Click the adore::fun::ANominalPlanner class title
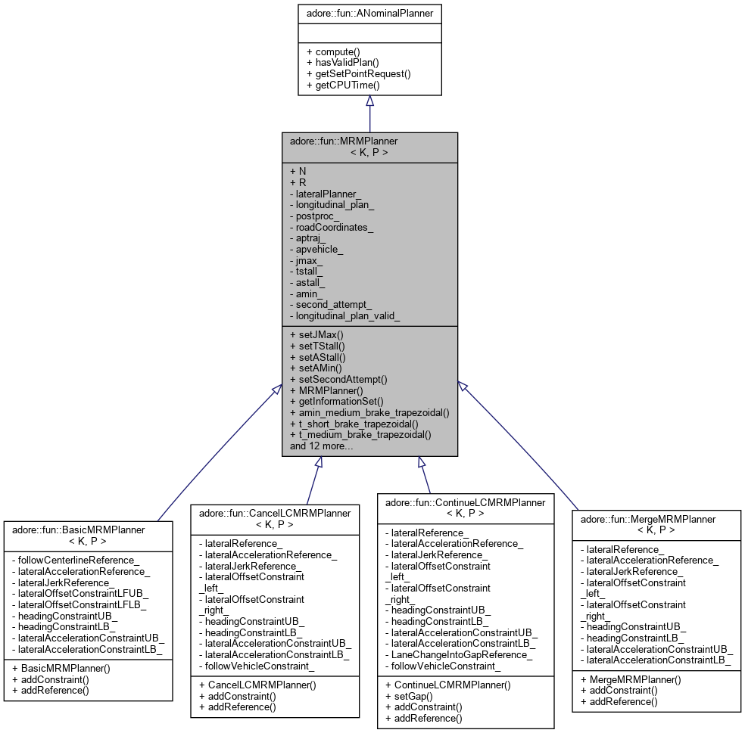pyautogui.click(x=369, y=13)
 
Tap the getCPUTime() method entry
pyautogui.click(x=342, y=85)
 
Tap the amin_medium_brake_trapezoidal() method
pyautogui.click(x=369, y=413)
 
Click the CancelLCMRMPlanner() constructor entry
pyautogui.click(x=257, y=685)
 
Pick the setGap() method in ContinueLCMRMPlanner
pyautogui.click(x=408, y=695)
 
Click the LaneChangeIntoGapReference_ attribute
pyautogui.click(x=458, y=654)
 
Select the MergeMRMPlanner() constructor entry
pyautogui.click(x=630, y=679)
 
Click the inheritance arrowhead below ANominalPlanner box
pyautogui.click(x=369, y=101)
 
